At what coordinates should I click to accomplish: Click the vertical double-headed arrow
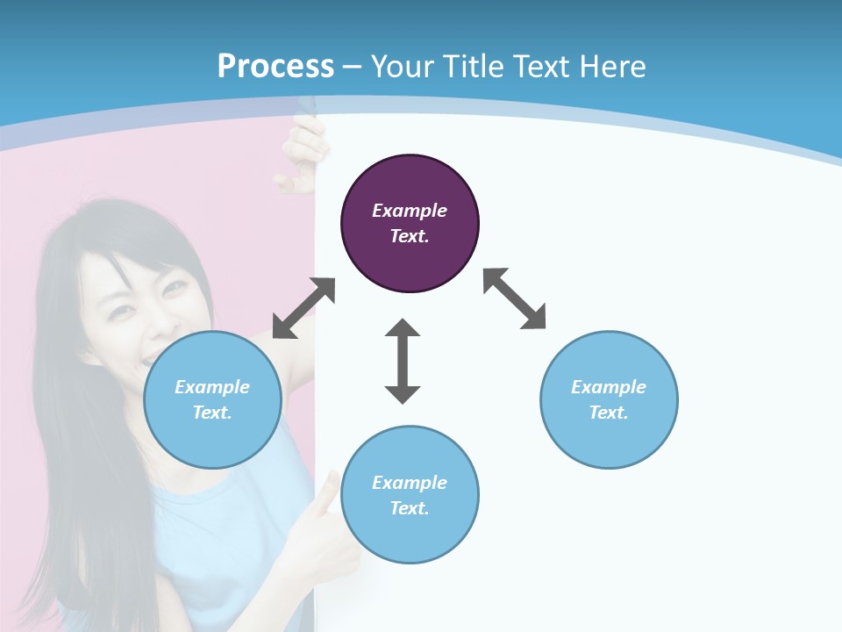pos(403,361)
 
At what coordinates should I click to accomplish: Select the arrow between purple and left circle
pos(303,308)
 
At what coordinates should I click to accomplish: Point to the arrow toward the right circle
pos(514,298)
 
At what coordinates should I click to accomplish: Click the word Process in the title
pos(275,66)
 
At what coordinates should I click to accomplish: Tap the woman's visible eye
pos(175,286)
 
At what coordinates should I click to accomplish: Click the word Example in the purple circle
pos(410,211)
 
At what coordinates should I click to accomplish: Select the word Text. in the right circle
pos(609,413)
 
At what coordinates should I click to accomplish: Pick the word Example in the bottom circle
pos(410,483)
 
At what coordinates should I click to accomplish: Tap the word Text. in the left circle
pos(212,413)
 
